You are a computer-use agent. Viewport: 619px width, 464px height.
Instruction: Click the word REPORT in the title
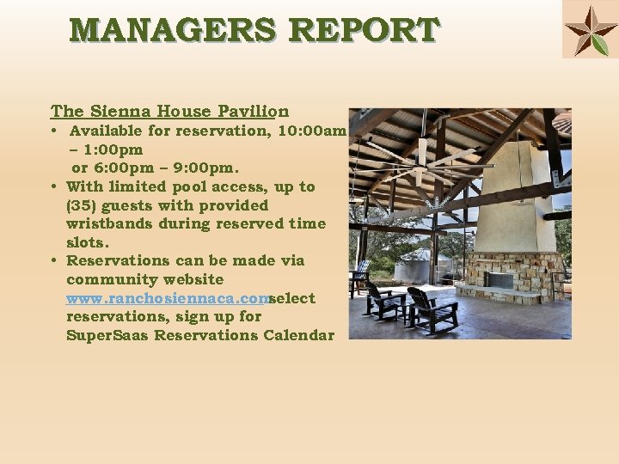[364, 30]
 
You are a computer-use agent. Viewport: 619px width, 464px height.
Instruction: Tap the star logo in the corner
[590, 31]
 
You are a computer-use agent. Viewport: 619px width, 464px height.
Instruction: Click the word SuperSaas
[101, 335]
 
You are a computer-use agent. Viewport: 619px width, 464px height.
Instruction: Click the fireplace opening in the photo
[499, 280]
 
